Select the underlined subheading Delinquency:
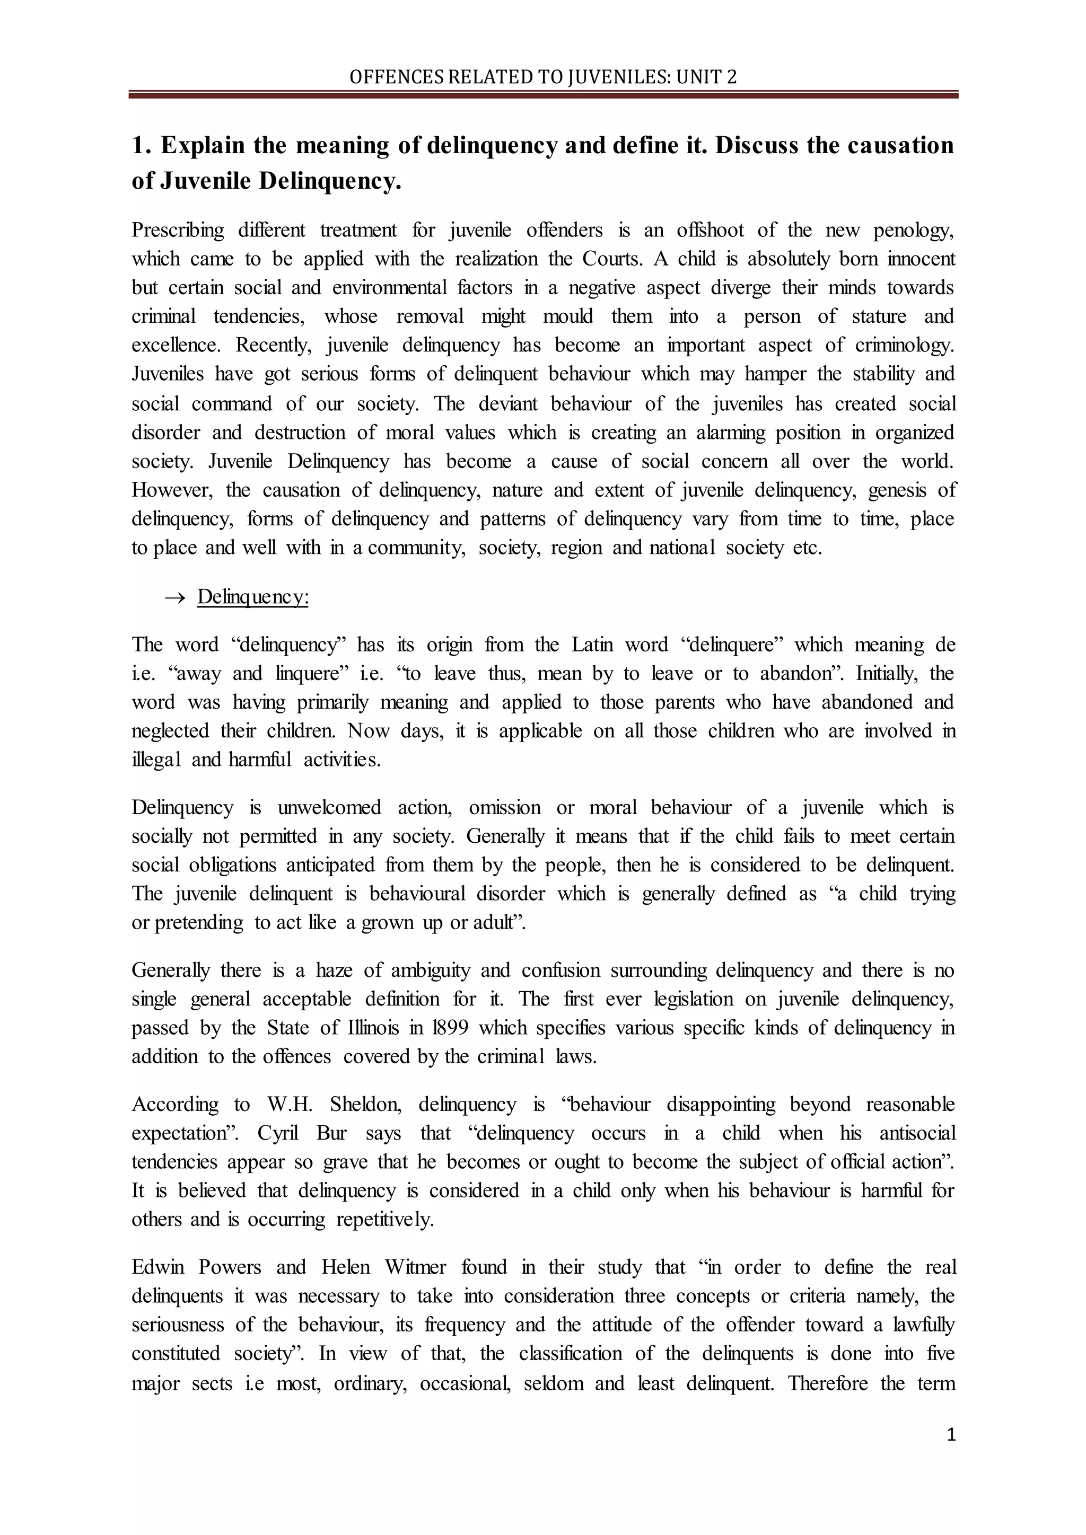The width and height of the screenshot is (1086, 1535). tap(253, 596)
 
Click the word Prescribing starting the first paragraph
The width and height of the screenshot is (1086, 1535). tap(178, 231)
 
